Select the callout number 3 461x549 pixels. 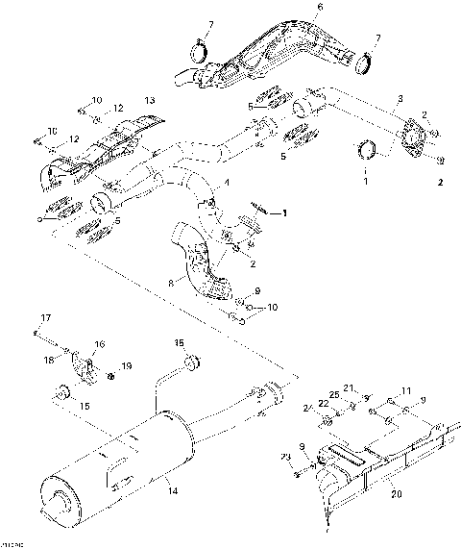pos(400,100)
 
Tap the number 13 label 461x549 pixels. pos(149,101)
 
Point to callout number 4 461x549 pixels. pos(226,182)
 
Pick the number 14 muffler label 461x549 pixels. pos(173,491)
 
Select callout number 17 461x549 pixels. pos(43,318)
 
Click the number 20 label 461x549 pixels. pos(396,497)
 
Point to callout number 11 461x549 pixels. pos(406,389)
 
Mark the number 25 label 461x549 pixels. pos(333,396)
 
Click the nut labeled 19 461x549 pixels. pos(110,376)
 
